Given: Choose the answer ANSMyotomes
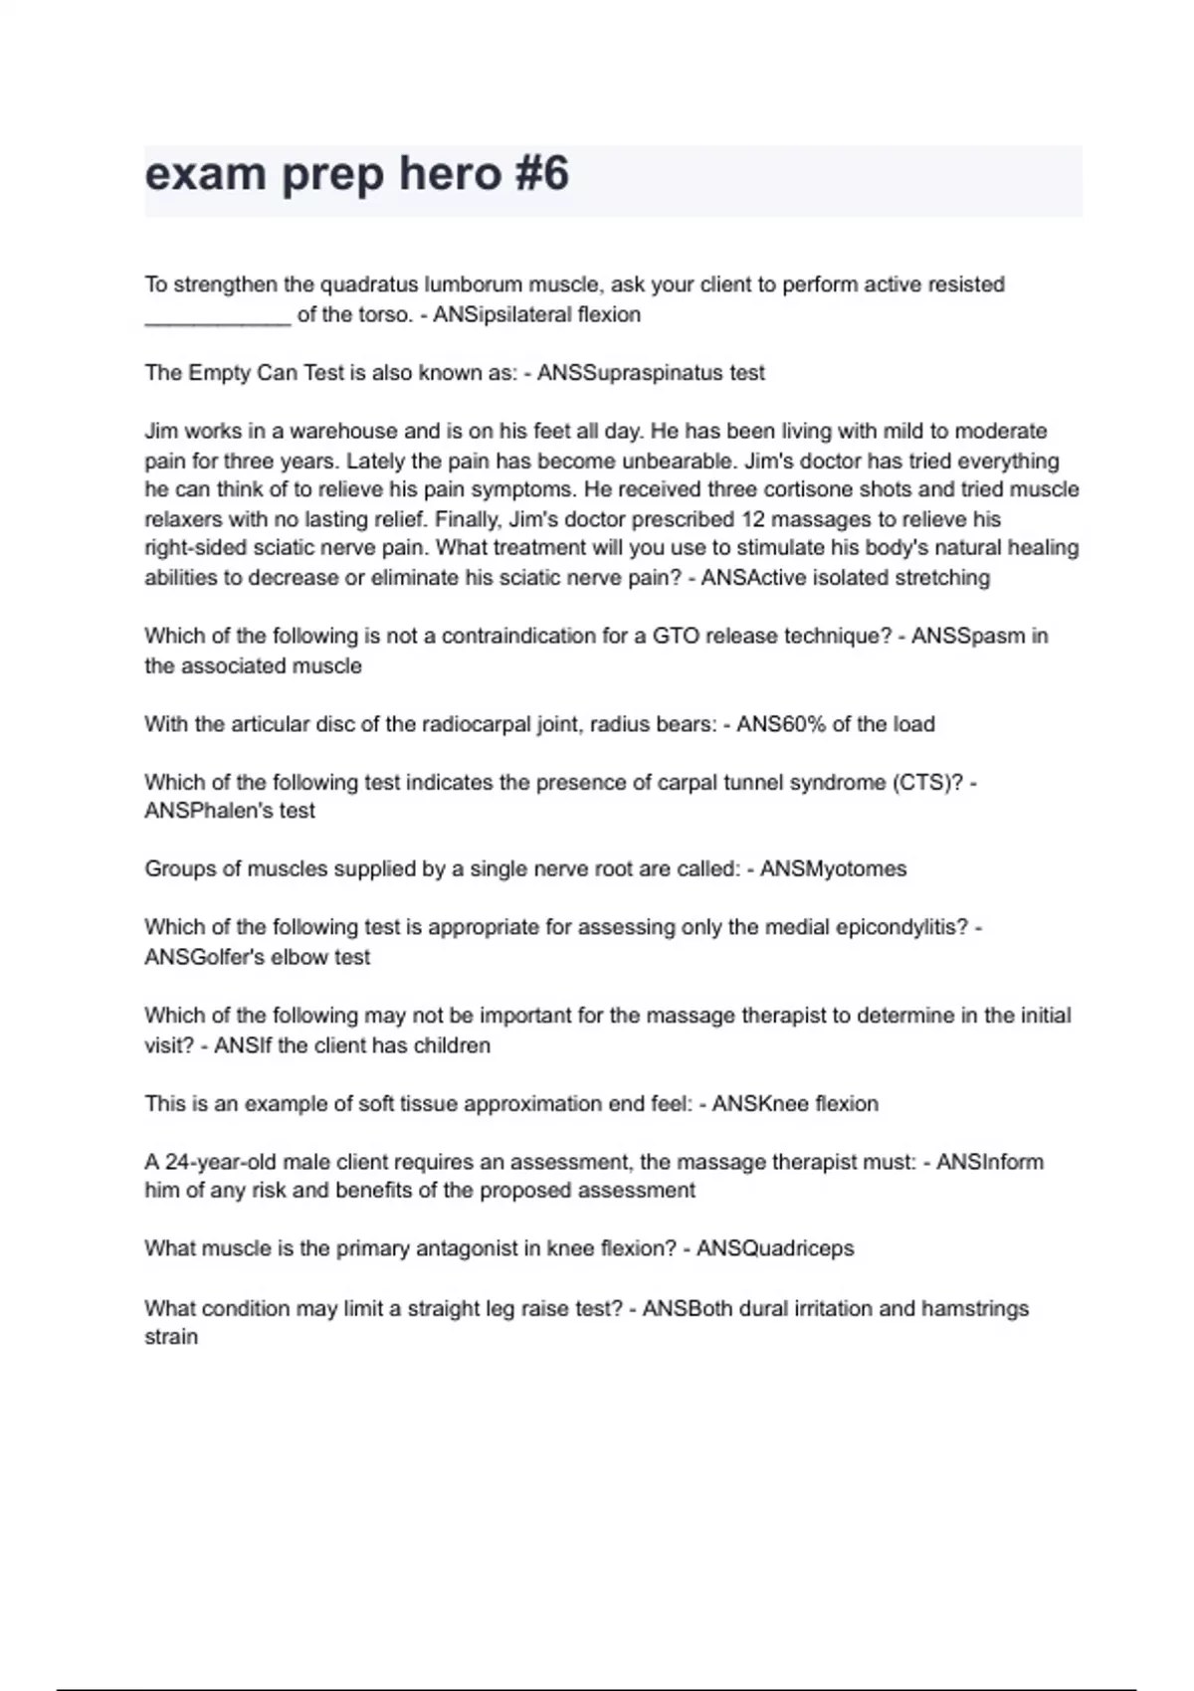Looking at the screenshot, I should coord(833,869).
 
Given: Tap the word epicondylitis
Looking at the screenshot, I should coord(901,927).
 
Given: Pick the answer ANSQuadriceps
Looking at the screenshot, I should coord(774,1248).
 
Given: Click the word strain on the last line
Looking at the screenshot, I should coord(171,1337).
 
